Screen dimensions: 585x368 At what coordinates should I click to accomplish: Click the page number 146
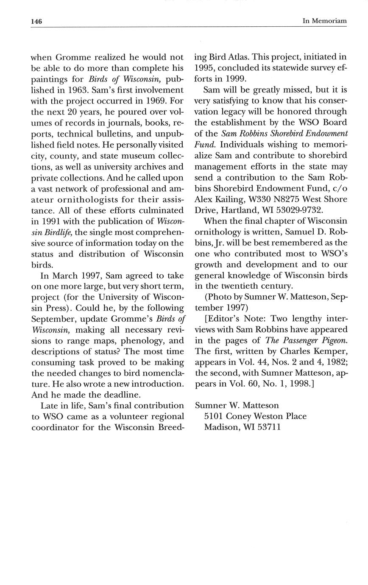click(36, 21)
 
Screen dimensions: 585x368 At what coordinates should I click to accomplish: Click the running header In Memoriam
click(325, 21)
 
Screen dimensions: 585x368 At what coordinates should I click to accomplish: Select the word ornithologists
click(91, 199)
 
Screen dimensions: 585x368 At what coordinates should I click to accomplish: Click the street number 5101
click(213, 416)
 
